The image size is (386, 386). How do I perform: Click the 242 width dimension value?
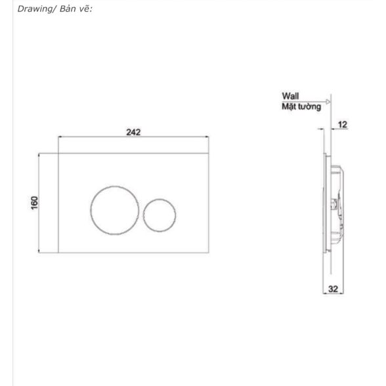pos(133,132)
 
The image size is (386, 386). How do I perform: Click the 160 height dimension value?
pos(35,203)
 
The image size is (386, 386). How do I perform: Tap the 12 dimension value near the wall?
pos(343,125)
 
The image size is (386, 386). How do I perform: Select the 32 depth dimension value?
pos(333,289)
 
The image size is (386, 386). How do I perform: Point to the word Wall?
pos(290,96)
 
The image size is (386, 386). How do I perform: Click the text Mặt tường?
pos(301,107)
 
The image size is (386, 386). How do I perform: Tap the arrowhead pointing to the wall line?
pos(328,102)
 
